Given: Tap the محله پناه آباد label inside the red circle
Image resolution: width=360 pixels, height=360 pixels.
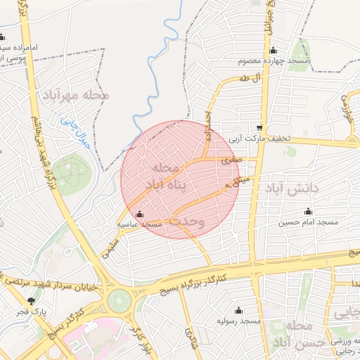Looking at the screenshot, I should pyautogui.click(x=167, y=176).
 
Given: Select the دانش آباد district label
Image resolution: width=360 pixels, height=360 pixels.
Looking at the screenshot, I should pyautogui.click(x=292, y=188).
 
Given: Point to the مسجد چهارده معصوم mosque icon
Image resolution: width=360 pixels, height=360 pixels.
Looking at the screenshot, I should pyautogui.click(x=274, y=49).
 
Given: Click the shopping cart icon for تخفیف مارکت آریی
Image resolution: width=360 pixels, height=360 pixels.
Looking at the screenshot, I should pyautogui.click(x=260, y=128).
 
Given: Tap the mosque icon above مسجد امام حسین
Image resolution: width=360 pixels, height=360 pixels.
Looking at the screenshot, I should pyautogui.click(x=307, y=212).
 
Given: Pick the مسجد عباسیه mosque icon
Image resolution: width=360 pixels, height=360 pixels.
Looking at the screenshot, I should pyautogui.click(x=139, y=214).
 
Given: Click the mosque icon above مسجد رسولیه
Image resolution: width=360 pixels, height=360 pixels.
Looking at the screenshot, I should pyautogui.click(x=238, y=310).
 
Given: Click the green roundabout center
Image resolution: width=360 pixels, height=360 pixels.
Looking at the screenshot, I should pyautogui.click(x=120, y=300).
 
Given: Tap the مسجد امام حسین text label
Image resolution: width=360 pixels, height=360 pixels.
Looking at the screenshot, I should pyautogui.click(x=309, y=222).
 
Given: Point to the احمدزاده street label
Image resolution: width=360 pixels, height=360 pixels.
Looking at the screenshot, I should pyautogui.click(x=208, y=124).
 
